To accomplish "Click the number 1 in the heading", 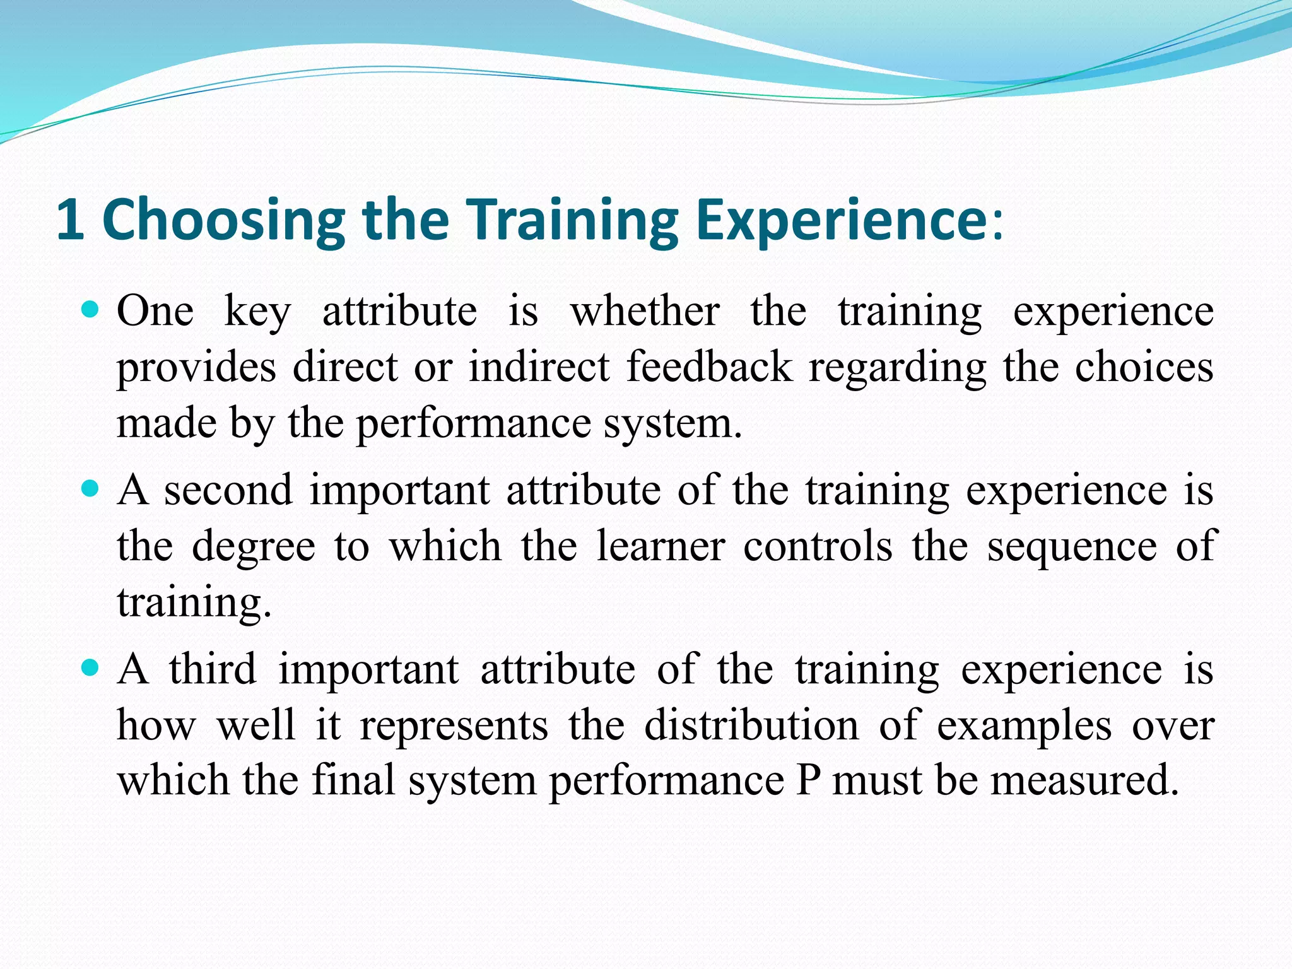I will pyautogui.click(x=70, y=219).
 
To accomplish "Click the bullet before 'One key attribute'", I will pyautogui.click(x=91, y=310).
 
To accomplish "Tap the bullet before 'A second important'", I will pyautogui.click(x=91, y=488).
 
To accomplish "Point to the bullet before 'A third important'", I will pyautogui.click(x=91, y=667).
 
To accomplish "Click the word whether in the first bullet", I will pyautogui.click(x=645, y=311).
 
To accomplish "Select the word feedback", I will pyautogui.click(x=710, y=367).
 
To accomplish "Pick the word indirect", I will pyautogui.click(x=539, y=367).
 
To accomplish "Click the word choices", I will pyautogui.click(x=1144, y=367).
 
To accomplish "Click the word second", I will pyautogui.click(x=228, y=490).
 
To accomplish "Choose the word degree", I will pyautogui.click(x=253, y=547).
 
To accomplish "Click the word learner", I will pyautogui.click(x=661, y=546).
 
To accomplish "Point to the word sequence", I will pyautogui.click(x=1072, y=547).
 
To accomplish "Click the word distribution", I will pyautogui.click(x=751, y=725).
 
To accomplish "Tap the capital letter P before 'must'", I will pyautogui.click(x=808, y=780).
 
